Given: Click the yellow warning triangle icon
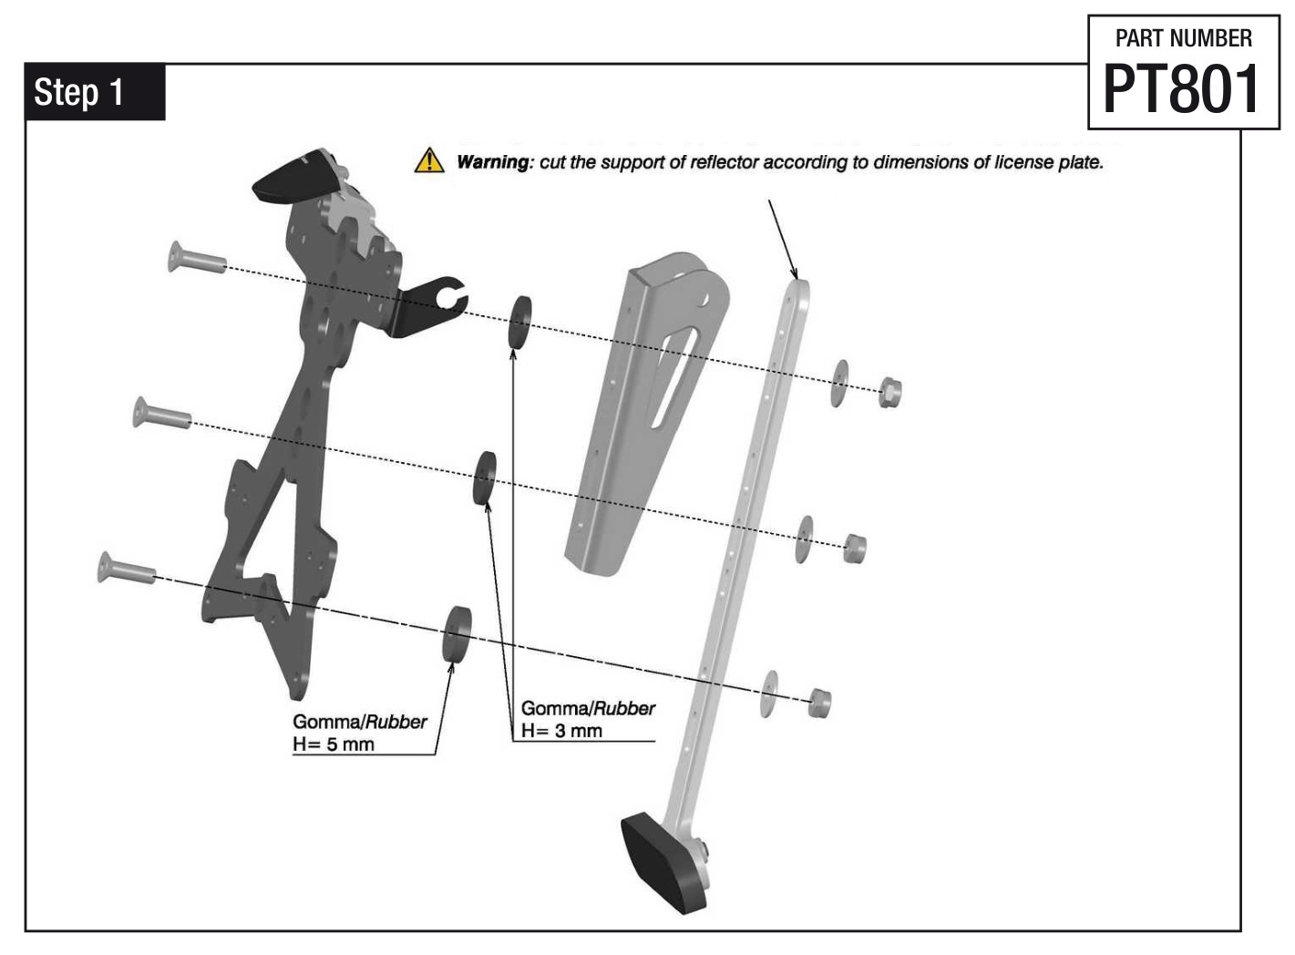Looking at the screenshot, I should [x=428, y=161].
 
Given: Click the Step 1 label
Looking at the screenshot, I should [x=78, y=92].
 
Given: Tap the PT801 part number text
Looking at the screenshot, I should [x=1182, y=89].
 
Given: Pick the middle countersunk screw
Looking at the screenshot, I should [x=161, y=414].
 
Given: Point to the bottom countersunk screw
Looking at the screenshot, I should [x=126, y=569].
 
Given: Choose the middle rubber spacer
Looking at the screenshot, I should [x=484, y=476].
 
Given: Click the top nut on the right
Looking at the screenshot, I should [x=889, y=392].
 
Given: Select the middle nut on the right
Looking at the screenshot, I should [x=854, y=549].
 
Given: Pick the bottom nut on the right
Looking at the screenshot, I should [x=819, y=703].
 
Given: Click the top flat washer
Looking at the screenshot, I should [x=838, y=383].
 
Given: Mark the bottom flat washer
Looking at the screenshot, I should [x=770, y=693].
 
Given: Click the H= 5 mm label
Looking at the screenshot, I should [x=334, y=744].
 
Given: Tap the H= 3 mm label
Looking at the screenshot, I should [x=561, y=731].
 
